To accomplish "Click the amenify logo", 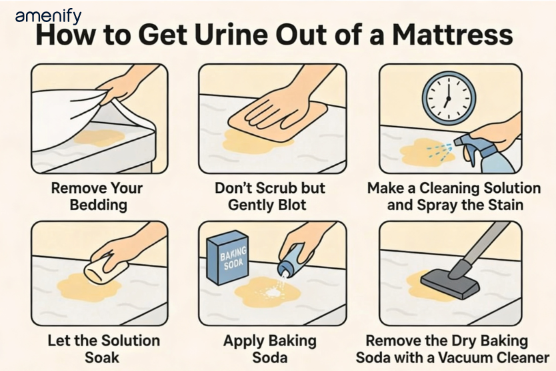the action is [48, 17].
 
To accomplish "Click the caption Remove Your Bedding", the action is [97, 196].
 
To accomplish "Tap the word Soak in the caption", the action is [102, 358].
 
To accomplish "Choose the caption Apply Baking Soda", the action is [270, 349].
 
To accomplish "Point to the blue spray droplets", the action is [439, 150].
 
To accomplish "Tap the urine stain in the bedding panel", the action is [99, 137].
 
